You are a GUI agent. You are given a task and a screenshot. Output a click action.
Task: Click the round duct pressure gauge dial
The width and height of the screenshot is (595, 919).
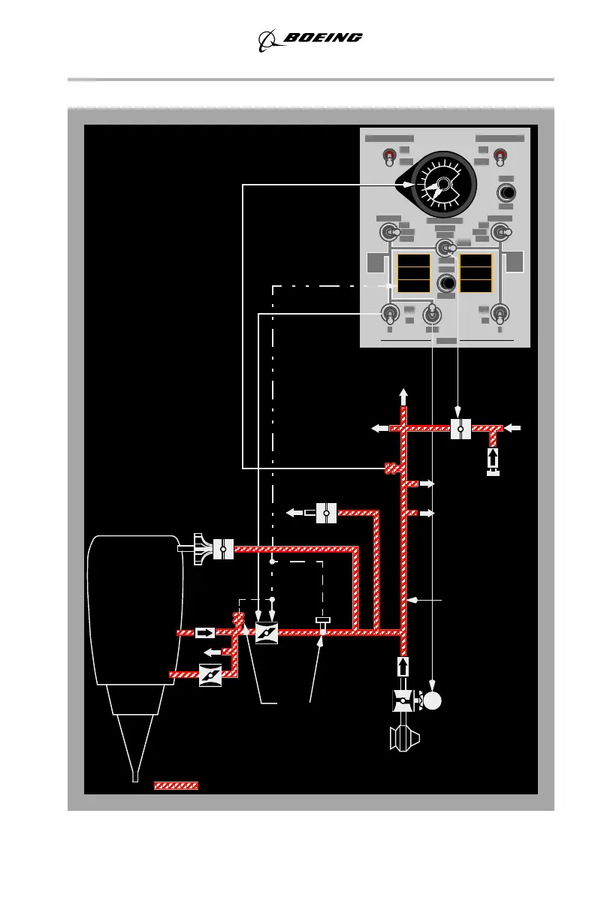point(442,184)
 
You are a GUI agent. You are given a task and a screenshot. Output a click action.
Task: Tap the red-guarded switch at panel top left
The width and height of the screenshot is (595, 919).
point(389,156)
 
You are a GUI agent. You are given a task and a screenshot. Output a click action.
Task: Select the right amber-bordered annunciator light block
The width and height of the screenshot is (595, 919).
point(476,273)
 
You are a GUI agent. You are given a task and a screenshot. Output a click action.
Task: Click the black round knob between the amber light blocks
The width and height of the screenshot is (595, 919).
point(446,283)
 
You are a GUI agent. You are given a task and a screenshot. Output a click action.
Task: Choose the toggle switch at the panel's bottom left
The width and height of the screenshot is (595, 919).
point(390,313)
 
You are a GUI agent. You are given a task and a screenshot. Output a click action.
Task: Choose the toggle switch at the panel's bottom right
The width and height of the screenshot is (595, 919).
point(500,313)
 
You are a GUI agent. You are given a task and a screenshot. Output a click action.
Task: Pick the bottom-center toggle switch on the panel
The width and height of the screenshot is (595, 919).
point(432,315)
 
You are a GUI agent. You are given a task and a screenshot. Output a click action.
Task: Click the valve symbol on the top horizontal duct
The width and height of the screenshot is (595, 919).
point(460,429)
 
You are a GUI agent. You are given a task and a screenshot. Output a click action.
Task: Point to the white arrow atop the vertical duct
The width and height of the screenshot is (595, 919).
point(403,396)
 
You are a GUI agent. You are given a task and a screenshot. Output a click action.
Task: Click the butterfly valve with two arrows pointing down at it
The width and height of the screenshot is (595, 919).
point(267,633)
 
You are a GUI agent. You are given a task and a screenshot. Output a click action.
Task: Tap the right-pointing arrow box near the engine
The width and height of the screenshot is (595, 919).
point(205,632)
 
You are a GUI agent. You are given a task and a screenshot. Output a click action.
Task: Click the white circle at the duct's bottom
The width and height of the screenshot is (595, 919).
point(432,701)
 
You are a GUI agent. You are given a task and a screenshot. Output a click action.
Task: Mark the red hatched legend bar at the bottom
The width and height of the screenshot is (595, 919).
point(176,785)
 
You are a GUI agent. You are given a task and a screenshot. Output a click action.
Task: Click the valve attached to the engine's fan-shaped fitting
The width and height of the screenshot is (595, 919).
point(223,549)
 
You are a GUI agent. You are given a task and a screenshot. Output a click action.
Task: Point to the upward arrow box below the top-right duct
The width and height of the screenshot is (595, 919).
point(493,457)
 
